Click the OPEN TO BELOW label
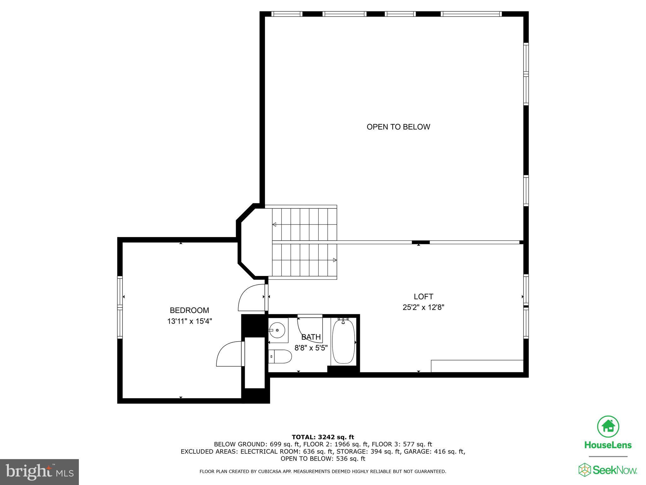point(398,127)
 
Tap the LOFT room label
point(423,296)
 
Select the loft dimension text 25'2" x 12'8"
point(423,307)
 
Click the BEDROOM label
point(189,310)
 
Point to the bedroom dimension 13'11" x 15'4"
point(189,321)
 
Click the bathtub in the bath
point(344,342)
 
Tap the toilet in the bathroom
point(280,356)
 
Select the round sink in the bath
point(278,330)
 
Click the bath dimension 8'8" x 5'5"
point(311,348)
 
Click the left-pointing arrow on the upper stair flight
point(274,225)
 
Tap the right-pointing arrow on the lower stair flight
point(335,260)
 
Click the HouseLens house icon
point(608,427)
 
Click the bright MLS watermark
point(39,472)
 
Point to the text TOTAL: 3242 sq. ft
point(323,437)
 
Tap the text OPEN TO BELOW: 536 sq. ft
point(323,458)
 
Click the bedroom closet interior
point(255,362)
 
